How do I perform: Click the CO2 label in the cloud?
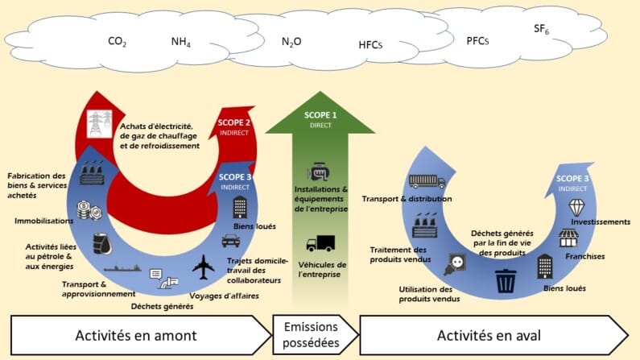pyautogui.click(x=117, y=42)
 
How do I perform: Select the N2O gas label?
pyautogui.click(x=291, y=42)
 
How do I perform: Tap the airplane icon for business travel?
pyautogui.click(x=205, y=266)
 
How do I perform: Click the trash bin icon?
pyautogui.click(x=506, y=280)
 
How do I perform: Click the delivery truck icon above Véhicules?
pyautogui.click(x=320, y=242)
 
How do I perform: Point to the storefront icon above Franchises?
pyautogui.click(x=570, y=238)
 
